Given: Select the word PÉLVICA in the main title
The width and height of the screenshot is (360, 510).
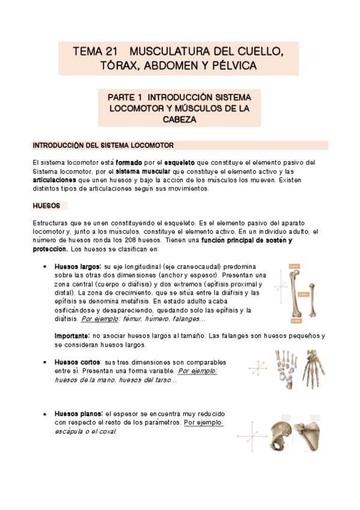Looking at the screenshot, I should pos(234,65).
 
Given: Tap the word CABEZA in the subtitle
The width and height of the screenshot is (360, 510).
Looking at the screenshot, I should pos(180,119).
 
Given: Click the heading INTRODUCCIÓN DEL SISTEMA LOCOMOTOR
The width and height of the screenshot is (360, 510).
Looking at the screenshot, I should pos(103,146).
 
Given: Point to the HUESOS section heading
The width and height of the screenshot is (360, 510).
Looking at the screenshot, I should pos(46,206).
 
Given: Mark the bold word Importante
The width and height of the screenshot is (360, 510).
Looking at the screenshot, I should pos(72,336).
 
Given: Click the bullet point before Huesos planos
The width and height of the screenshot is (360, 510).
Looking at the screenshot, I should pos(46,414).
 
